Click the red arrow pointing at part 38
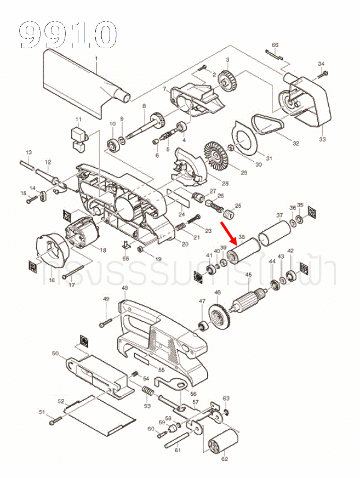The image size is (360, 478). point(228,232)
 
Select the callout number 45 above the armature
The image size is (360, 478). point(248,275)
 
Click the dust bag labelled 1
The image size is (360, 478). point(82,82)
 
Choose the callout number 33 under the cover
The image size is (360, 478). point(322,140)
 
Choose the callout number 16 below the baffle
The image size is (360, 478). point(52,281)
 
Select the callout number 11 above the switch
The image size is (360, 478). point(78,119)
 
